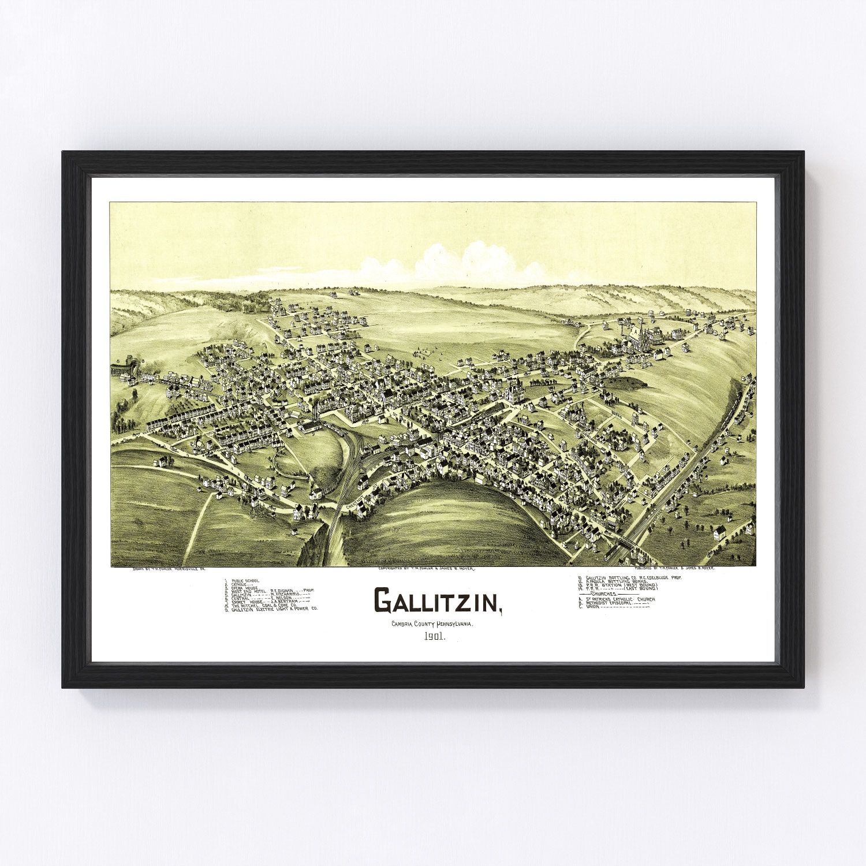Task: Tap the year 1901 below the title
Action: tap(437, 638)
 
